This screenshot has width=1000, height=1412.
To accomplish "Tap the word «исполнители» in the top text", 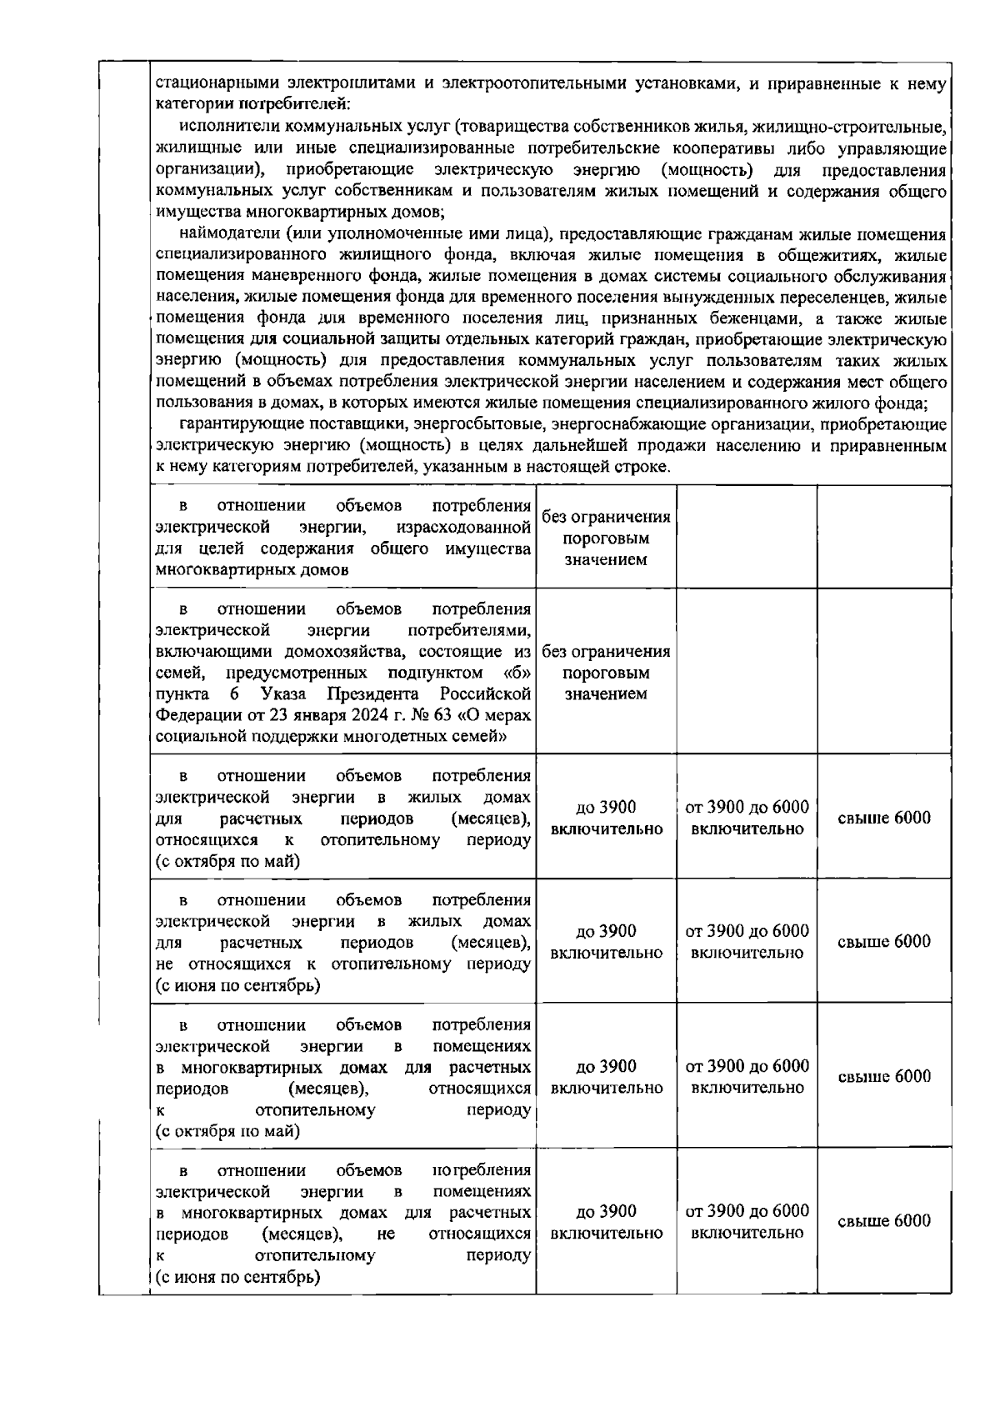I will point(226,128).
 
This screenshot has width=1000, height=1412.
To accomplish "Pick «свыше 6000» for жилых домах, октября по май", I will point(883,818).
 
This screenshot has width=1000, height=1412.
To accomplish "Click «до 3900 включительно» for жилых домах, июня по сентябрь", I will point(606,942).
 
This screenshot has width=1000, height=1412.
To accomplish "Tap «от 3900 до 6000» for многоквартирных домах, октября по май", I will point(747,1066).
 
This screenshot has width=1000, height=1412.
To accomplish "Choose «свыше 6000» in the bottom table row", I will point(883,1221).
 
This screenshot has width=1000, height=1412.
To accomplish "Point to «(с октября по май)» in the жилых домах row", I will point(227,862).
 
